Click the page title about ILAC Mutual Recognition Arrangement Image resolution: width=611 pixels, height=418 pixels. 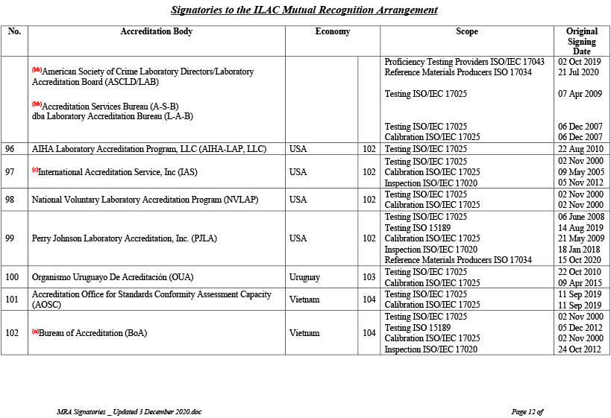[x=304, y=10]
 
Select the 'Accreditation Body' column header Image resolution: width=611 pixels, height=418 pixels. [x=157, y=32]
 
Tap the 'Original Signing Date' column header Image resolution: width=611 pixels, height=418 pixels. [x=581, y=41]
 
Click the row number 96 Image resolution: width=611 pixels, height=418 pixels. [x=10, y=149]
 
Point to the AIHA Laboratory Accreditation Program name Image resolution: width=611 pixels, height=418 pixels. [x=148, y=149]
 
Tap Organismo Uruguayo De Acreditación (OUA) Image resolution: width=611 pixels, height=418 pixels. [x=113, y=277]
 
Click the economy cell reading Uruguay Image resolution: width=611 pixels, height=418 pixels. [x=304, y=277]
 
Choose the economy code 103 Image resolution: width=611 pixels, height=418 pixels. [x=369, y=277]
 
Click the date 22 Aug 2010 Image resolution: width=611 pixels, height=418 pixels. [x=580, y=149]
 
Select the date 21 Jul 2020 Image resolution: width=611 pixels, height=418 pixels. [x=579, y=72]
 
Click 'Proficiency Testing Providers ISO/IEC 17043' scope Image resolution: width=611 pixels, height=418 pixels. [x=464, y=62]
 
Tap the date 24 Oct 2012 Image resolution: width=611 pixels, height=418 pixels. [x=579, y=349]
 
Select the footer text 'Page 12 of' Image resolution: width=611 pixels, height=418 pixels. [x=527, y=411]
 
